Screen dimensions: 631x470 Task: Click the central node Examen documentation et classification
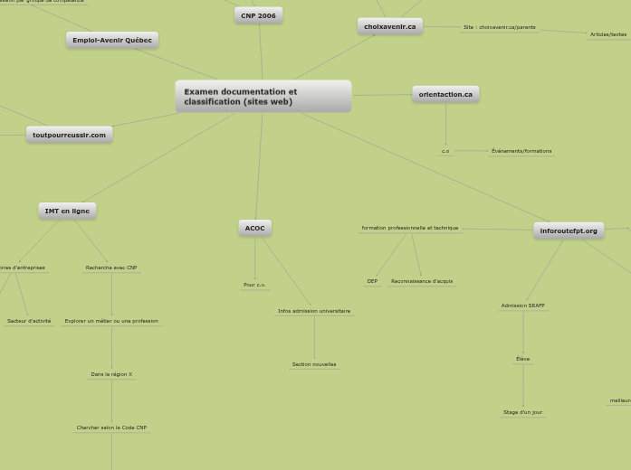click(263, 97)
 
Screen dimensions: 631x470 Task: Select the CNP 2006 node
click(258, 15)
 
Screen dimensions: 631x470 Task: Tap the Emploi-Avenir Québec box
click(112, 40)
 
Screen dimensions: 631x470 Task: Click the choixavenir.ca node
click(389, 26)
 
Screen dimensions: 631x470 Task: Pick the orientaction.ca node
click(445, 94)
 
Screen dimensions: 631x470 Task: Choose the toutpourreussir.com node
click(69, 135)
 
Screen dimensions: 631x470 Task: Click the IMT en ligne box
click(67, 211)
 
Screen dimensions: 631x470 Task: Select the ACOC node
click(254, 228)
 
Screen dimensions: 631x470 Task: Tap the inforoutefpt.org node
click(569, 230)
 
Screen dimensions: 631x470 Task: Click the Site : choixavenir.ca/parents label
click(499, 27)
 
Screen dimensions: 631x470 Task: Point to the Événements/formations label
click(521, 151)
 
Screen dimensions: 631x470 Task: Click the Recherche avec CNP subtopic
click(111, 268)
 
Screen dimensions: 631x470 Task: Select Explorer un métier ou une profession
click(111, 321)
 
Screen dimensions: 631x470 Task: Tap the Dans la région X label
click(111, 374)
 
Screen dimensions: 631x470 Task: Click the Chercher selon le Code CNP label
click(111, 428)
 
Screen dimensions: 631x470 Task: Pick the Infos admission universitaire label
click(314, 311)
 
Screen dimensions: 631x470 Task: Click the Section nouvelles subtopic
click(314, 364)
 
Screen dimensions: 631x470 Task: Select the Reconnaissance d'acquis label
click(422, 281)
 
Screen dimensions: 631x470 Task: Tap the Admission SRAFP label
click(522, 305)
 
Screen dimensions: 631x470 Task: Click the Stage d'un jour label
click(522, 412)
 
